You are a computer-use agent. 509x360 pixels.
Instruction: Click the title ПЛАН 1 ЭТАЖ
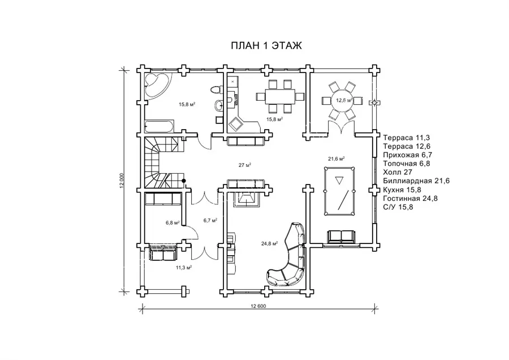pyautogui.click(x=266, y=45)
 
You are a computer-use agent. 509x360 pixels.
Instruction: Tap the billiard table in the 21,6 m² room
pyautogui.click(x=339, y=191)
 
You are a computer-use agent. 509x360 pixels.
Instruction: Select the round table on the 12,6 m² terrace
pyautogui.click(x=342, y=100)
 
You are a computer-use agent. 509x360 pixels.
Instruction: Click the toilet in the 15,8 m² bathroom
pyautogui.click(x=217, y=89)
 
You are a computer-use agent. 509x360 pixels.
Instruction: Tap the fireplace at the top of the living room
pyautogui.click(x=247, y=198)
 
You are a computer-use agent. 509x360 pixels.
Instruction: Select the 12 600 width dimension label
pyautogui.click(x=258, y=306)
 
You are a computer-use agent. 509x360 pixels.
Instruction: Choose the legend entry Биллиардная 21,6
pyautogui.click(x=416, y=181)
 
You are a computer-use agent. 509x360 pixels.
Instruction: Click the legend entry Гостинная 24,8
pyautogui.click(x=411, y=198)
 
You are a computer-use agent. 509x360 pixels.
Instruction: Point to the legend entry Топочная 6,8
pyautogui.click(x=407, y=164)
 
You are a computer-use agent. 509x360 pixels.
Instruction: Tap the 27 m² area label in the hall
pyautogui.click(x=245, y=165)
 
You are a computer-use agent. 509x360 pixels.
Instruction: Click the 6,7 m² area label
pyautogui.click(x=210, y=221)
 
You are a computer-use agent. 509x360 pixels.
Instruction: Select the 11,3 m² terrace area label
pyautogui.click(x=184, y=268)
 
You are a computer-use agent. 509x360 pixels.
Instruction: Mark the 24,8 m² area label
pyautogui.click(x=269, y=243)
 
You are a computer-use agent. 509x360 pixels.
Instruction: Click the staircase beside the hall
pyautogui.click(x=161, y=162)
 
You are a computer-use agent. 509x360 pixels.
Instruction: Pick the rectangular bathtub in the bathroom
pyautogui.click(x=159, y=126)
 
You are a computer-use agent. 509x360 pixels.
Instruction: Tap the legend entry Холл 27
pyautogui.click(x=398, y=172)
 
